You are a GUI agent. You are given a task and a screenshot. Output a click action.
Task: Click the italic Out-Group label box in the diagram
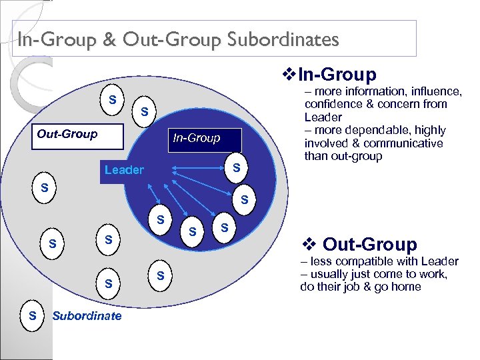tap(67, 134)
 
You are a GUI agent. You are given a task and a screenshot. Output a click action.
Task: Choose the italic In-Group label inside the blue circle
tap(196, 138)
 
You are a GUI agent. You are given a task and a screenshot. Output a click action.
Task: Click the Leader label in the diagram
tap(124, 170)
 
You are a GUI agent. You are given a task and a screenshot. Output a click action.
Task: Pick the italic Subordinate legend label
tap(87, 315)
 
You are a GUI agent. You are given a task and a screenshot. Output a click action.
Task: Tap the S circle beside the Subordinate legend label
tap(32, 315)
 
